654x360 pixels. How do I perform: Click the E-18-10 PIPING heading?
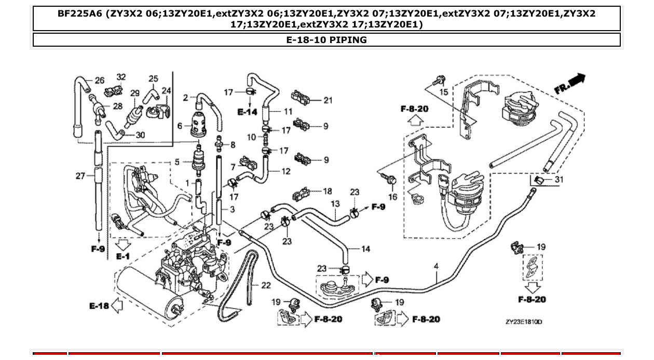(326, 40)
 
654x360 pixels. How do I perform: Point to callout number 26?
(99, 80)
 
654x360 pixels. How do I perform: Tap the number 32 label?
(121, 77)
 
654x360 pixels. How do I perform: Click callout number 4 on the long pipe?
(436, 266)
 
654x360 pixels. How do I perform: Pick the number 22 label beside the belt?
(265, 285)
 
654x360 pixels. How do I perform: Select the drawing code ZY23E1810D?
(524, 322)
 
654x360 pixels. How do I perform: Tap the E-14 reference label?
(248, 112)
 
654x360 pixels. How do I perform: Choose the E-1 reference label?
(123, 256)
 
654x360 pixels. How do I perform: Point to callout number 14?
(365, 249)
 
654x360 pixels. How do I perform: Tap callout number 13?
(335, 204)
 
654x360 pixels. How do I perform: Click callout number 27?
(80, 176)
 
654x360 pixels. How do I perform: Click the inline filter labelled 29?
(135, 113)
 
